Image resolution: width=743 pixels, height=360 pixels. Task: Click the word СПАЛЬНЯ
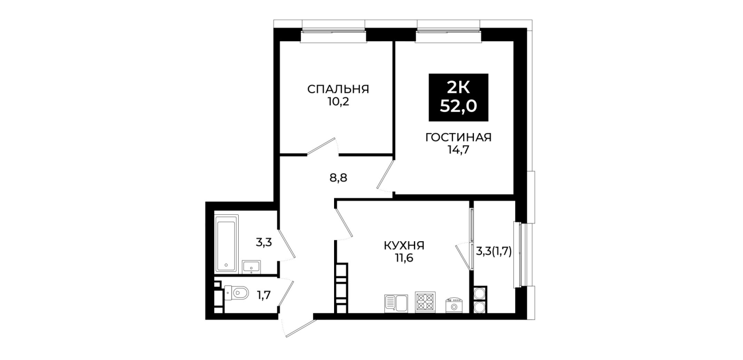pyautogui.click(x=338, y=89)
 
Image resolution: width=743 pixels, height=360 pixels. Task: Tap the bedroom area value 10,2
pyautogui.click(x=338, y=102)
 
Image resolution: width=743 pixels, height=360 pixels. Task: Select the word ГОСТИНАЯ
pyautogui.click(x=459, y=137)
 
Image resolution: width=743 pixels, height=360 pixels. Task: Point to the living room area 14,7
pyautogui.click(x=459, y=150)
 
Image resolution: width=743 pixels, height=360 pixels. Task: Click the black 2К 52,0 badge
pyautogui.click(x=459, y=97)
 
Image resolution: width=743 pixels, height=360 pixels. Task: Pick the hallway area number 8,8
pyautogui.click(x=338, y=178)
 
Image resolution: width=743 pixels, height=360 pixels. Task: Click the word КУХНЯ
pyautogui.click(x=404, y=246)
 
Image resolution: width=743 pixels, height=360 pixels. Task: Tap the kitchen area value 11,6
pyautogui.click(x=404, y=258)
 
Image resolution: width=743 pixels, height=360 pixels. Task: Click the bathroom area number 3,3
pyautogui.click(x=264, y=242)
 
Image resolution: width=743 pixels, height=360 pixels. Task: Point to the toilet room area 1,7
pyautogui.click(x=264, y=295)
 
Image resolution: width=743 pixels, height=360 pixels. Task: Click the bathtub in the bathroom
pyautogui.click(x=227, y=244)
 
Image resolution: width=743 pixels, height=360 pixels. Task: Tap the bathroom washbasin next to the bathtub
pyautogui.click(x=251, y=267)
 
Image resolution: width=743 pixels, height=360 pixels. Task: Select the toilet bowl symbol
pyautogui.click(x=236, y=293)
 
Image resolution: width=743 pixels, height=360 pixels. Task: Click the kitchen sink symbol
pyautogui.click(x=396, y=303)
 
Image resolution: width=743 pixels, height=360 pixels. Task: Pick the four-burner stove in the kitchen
pyautogui.click(x=425, y=302)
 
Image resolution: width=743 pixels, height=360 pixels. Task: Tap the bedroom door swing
pyautogui.click(x=322, y=147)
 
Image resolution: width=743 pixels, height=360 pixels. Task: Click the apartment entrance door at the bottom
pyautogui.click(x=298, y=327)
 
